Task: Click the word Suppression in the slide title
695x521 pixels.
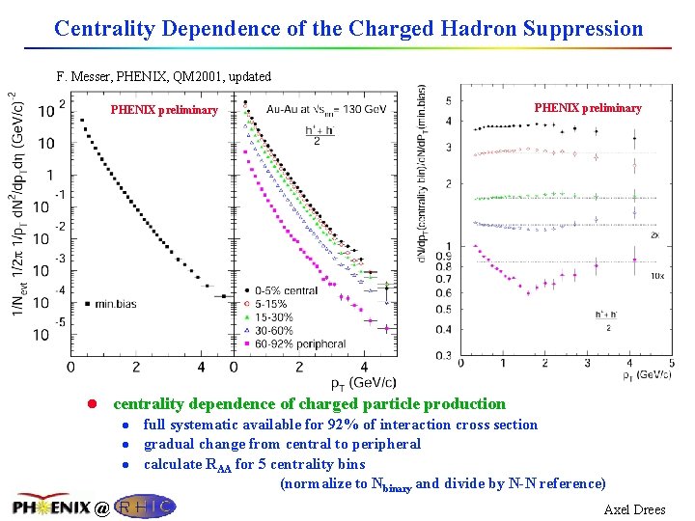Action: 584,28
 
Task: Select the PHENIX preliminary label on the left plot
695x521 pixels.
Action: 164,110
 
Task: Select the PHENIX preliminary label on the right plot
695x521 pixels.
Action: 587,108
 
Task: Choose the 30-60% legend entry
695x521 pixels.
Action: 284,329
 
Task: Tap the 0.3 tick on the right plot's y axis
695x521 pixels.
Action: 440,355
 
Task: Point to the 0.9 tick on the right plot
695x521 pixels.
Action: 440,256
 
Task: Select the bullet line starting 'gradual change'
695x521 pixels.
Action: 282,444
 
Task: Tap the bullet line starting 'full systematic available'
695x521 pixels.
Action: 340,425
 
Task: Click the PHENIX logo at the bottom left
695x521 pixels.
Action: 52,505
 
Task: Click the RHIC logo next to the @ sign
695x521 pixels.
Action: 144,506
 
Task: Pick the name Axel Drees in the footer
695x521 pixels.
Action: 634,509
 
